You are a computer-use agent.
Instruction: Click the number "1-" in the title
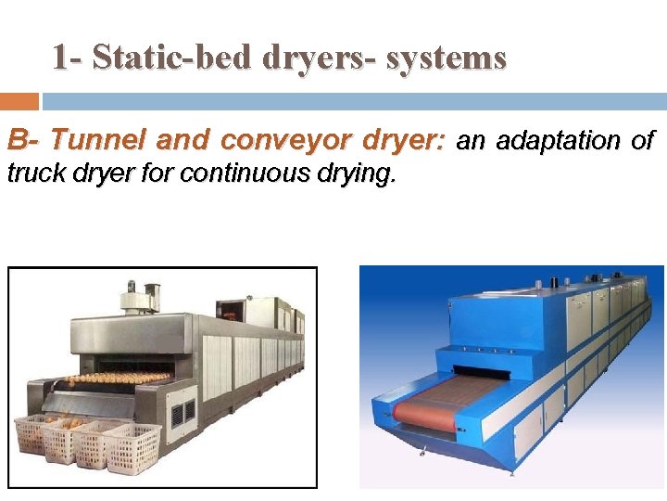(67, 58)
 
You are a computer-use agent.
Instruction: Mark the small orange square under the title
(19, 101)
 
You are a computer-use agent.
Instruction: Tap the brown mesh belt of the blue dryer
(425, 414)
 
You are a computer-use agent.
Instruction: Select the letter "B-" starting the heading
(24, 141)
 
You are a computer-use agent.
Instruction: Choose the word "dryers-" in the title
(321, 58)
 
